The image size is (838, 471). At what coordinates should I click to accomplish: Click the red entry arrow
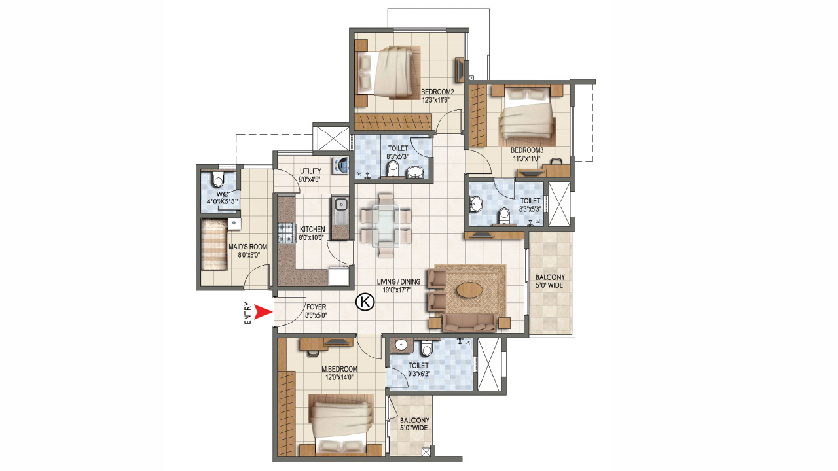coord(263,313)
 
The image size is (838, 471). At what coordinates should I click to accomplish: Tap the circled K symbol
coord(364,302)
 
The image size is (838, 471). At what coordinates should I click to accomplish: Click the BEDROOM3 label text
coord(527,150)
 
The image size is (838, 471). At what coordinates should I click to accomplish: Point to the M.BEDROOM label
coord(338,368)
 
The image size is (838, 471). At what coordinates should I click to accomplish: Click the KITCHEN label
coord(312,230)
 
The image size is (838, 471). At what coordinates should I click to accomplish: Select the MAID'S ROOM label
coord(248,247)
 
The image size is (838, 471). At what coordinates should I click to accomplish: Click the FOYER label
coord(316,307)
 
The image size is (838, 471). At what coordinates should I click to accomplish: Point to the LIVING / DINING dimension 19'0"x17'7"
coord(399,290)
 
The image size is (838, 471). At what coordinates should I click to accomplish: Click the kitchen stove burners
coord(286,232)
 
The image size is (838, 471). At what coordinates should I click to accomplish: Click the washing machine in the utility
coord(340,166)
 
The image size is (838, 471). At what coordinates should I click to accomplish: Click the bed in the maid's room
coord(214,245)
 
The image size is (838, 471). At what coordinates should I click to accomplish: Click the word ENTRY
coord(247,313)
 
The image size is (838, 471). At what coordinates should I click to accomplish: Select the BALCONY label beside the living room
coord(551,277)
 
